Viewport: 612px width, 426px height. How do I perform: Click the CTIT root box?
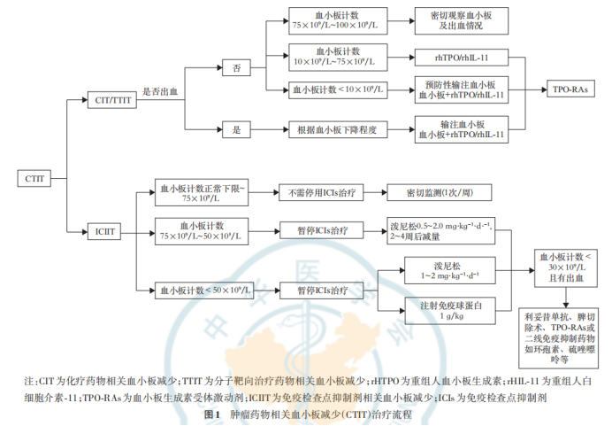32,179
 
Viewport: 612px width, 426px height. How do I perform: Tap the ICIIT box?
104,233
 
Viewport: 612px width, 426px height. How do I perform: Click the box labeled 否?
236,68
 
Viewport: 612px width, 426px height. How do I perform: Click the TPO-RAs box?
570,89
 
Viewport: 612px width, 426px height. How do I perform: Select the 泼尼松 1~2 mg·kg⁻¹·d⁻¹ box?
444,270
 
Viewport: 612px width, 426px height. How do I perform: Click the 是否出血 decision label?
161,91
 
